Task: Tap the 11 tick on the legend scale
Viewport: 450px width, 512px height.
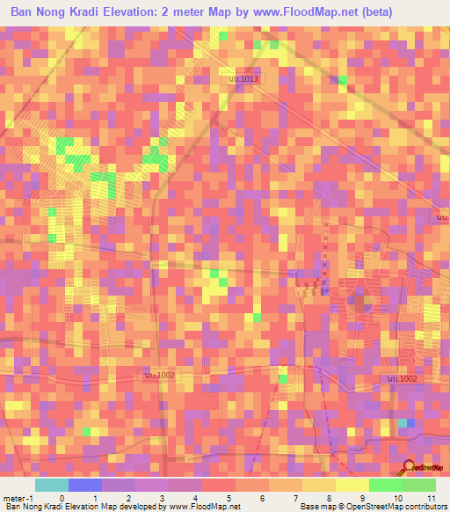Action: [431, 498]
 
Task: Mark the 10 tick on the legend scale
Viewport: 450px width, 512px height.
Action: [397, 498]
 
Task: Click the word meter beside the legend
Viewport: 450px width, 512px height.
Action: [12, 498]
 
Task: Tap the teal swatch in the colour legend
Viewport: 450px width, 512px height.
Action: [52, 485]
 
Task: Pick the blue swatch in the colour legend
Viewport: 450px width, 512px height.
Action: [85, 485]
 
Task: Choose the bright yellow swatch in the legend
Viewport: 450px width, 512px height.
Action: [352, 485]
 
